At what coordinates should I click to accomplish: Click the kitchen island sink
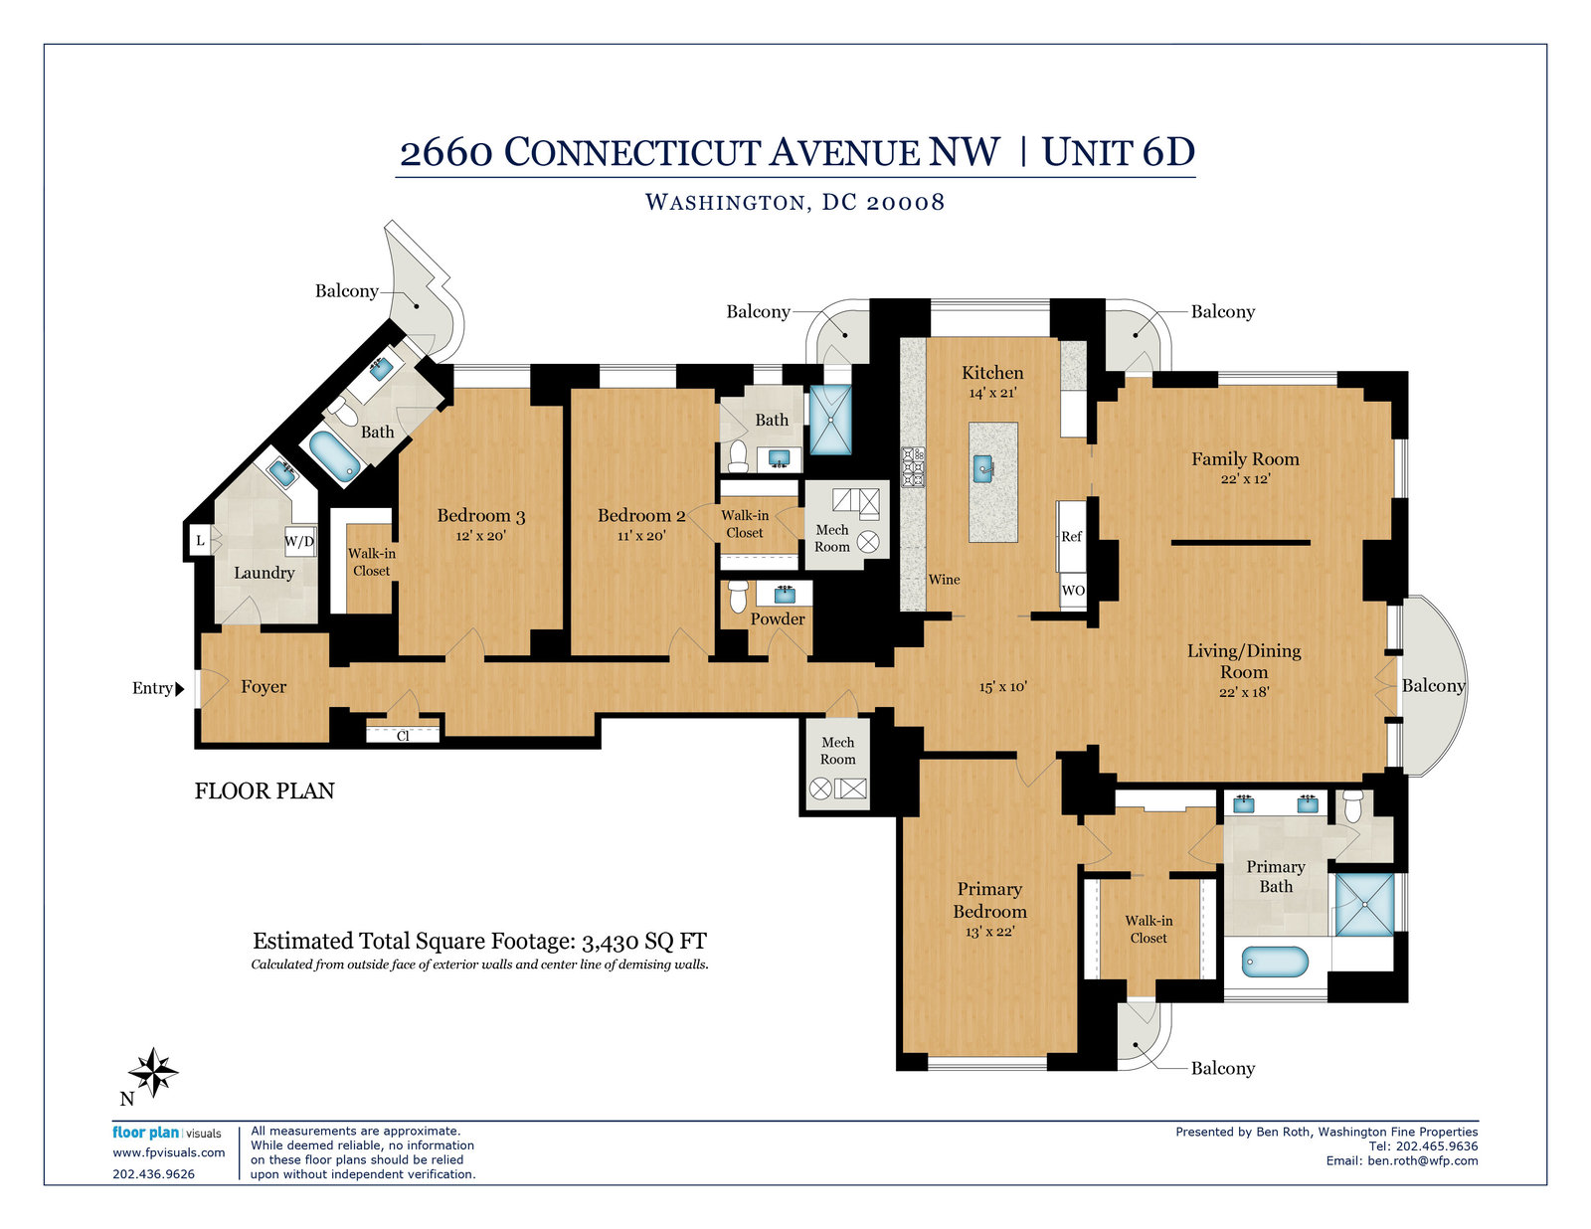coord(982,467)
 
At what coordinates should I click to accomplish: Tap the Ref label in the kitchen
coord(1071,536)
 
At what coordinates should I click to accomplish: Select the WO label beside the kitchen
coord(1073,590)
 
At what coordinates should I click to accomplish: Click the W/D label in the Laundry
coord(299,542)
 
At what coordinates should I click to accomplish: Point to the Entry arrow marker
coord(180,688)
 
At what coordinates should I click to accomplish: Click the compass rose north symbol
coord(153,1072)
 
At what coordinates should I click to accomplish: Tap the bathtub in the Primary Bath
coord(1275,962)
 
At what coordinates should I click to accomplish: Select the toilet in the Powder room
coord(738,596)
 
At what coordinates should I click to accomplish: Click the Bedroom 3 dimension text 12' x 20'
coord(480,536)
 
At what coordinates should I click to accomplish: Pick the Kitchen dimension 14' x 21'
coord(992,393)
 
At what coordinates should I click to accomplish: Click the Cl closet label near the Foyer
coord(403,736)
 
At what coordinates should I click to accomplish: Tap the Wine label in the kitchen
coord(944,579)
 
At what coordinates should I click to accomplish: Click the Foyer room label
coord(264,687)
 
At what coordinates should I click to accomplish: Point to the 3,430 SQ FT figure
coord(644,941)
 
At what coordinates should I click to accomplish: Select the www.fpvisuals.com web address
coord(168,1152)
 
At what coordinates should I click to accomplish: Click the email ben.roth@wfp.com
coord(1423,1160)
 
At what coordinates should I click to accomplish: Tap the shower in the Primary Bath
coord(1364,905)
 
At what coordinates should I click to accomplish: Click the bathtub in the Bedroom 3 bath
coord(334,456)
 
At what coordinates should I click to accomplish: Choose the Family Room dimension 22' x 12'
coord(1245,479)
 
